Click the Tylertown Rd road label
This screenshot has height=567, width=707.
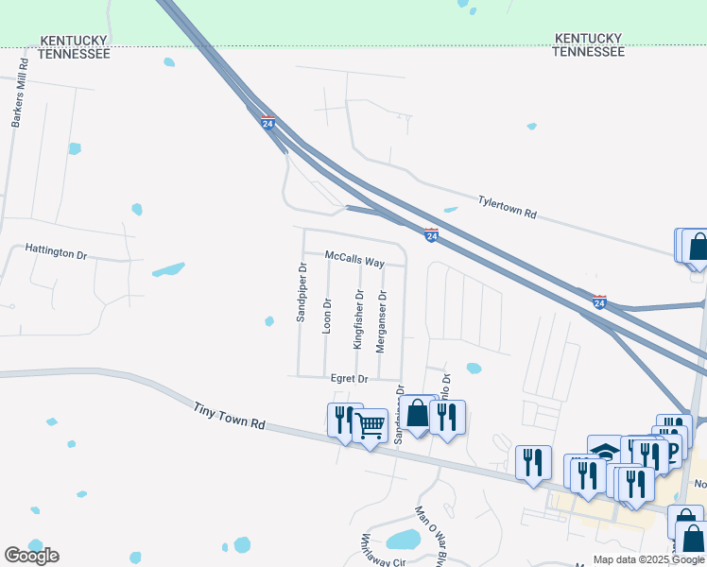pyautogui.click(x=508, y=207)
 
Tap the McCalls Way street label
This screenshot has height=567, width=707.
pyautogui.click(x=354, y=256)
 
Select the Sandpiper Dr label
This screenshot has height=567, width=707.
pyautogui.click(x=302, y=293)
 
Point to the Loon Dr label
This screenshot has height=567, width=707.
pyautogui.click(x=327, y=317)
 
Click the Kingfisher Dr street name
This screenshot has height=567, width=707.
pyautogui.click(x=358, y=320)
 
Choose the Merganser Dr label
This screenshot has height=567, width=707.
pyautogui.click(x=382, y=321)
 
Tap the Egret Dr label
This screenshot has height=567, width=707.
pyautogui.click(x=349, y=378)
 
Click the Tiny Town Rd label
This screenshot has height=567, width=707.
pyautogui.click(x=230, y=417)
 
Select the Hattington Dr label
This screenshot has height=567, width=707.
pyautogui.click(x=56, y=255)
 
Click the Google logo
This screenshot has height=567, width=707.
pyautogui.click(x=31, y=556)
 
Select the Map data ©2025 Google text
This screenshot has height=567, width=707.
pyautogui.click(x=648, y=559)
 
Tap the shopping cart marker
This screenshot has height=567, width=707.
pyautogui.click(x=370, y=428)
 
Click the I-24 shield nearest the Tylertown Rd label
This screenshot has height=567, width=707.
pyautogui.click(x=431, y=233)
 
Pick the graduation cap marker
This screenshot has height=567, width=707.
pyautogui.click(x=604, y=450)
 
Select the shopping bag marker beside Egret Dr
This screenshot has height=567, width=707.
pyautogui.click(x=418, y=413)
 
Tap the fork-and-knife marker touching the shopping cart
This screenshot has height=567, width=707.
pyautogui.click(x=344, y=418)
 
